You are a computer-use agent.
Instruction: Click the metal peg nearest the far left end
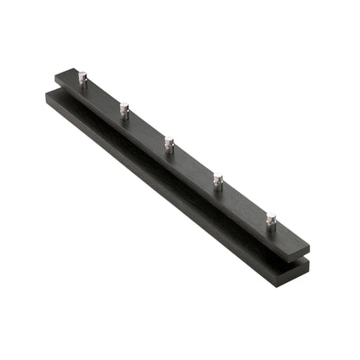click(x=82, y=79)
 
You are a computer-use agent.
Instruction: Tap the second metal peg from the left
click(x=125, y=110)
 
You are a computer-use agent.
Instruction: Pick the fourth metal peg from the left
click(x=218, y=181)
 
